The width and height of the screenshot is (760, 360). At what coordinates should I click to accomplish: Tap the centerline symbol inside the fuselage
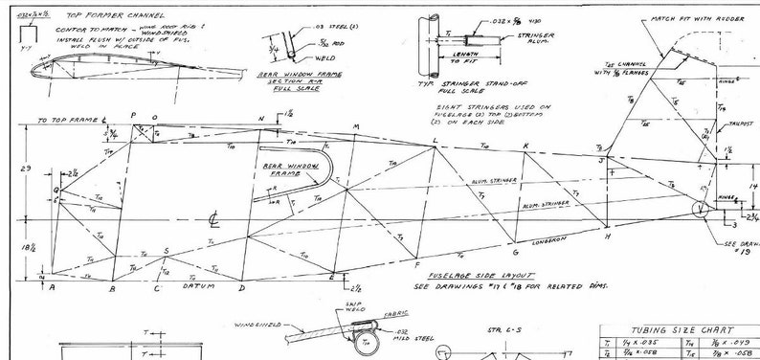[x=217, y=221]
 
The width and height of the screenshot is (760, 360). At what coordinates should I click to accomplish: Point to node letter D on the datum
[x=241, y=287]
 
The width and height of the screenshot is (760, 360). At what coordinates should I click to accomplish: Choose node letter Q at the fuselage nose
[x=56, y=190]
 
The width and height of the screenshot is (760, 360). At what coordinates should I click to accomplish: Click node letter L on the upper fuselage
[x=435, y=141]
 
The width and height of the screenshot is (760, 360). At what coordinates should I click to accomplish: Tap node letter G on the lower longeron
[x=515, y=253]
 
